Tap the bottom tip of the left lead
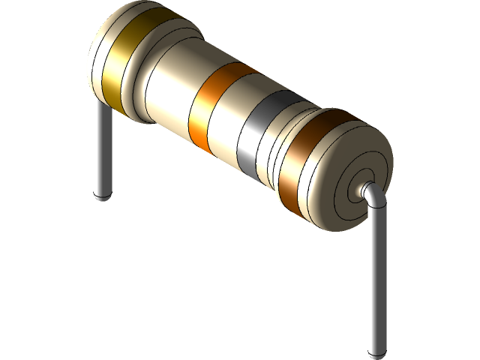102,196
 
